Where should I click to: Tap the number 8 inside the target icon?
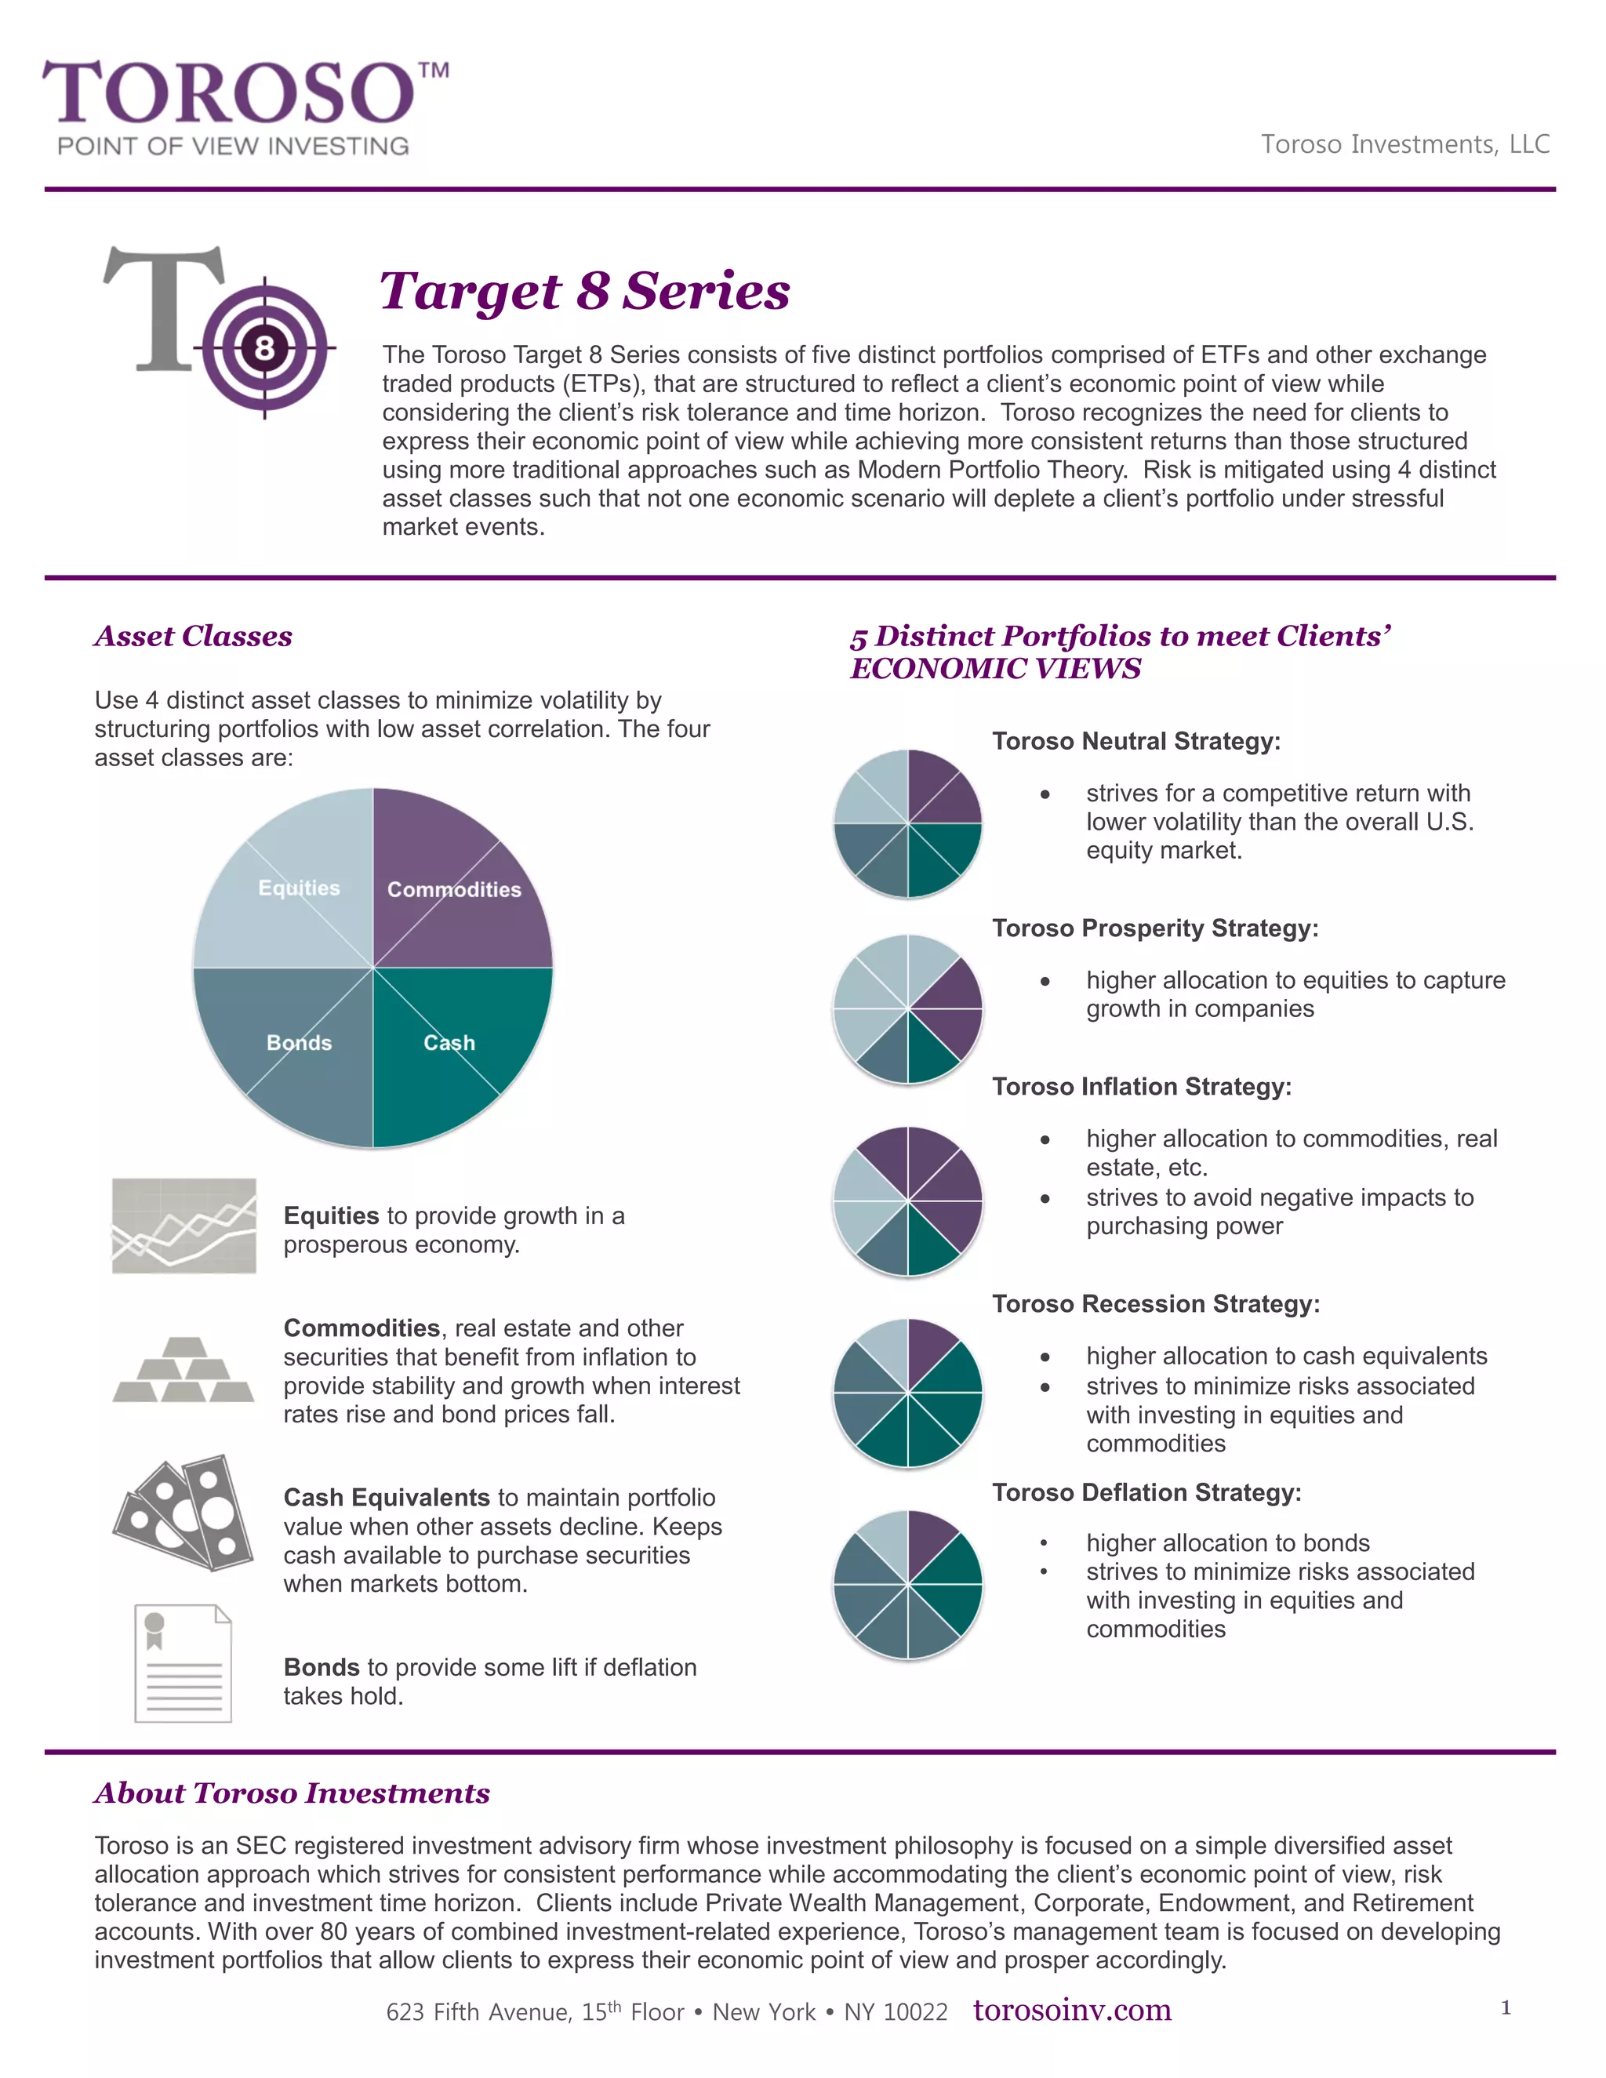[x=264, y=348]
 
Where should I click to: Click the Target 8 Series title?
[x=584, y=290]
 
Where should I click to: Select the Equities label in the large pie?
[x=299, y=888]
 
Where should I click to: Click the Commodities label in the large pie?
[x=454, y=890]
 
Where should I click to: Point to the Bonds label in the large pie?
[x=299, y=1043]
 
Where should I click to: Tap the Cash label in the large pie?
[x=449, y=1043]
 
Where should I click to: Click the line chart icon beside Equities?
[x=183, y=1226]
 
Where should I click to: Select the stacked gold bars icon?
[x=183, y=1370]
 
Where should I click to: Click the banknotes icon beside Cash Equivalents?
[x=183, y=1513]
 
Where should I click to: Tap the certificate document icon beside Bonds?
[x=183, y=1663]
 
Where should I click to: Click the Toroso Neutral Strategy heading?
[x=1136, y=741]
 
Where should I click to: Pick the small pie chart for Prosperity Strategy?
[x=907, y=1008]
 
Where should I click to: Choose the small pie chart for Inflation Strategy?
[x=907, y=1201]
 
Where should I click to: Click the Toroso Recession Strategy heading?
[x=1156, y=1303]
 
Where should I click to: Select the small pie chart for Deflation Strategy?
[x=907, y=1584]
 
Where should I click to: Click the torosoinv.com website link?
[x=1072, y=2011]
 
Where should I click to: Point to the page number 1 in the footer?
[x=1505, y=2007]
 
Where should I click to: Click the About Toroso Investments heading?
[x=292, y=1793]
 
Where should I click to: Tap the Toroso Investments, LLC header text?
[x=1405, y=143]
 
